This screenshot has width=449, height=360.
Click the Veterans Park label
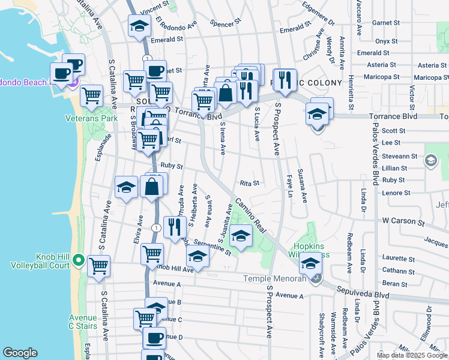point(91,119)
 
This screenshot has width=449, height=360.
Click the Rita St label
point(249,183)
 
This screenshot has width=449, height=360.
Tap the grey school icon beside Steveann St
point(430,161)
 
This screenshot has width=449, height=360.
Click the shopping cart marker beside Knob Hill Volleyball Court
point(98,265)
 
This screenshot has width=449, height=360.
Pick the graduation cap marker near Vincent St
point(139,26)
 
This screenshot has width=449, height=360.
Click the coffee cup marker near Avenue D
point(154,338)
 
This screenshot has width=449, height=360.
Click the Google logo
point(20,353)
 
